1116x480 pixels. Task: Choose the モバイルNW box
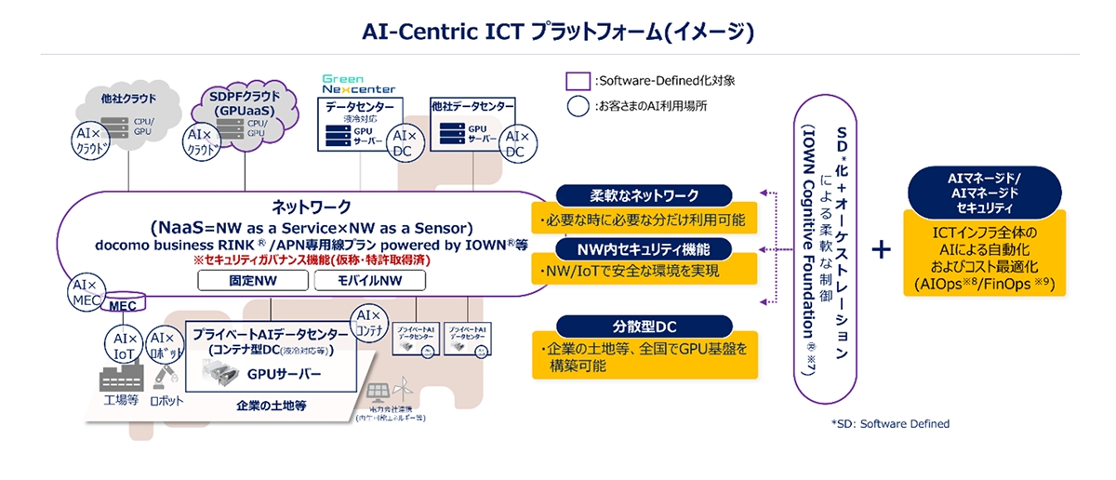click(x=370, y=280)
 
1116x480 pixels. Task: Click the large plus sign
click(x=882, y=249)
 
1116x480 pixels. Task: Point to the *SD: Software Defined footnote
click(x=890, y=423)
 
